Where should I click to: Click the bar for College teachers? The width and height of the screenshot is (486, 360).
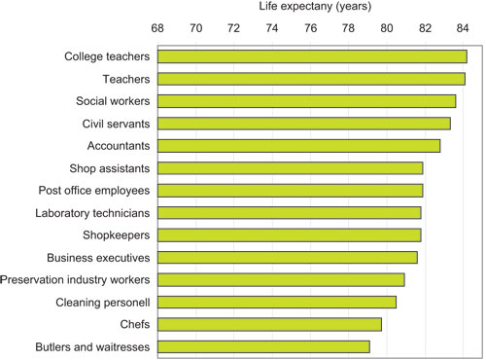tap(311, 56)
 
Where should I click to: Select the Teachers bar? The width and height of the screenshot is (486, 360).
tap(310, 79)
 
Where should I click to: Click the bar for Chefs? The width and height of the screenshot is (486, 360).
tap(269, 324)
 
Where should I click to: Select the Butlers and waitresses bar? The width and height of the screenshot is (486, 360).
tap(263, 346)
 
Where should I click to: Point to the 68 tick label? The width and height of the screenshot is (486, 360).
tap(157, 29)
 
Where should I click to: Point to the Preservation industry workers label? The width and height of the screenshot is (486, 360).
tap(75, 279)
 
